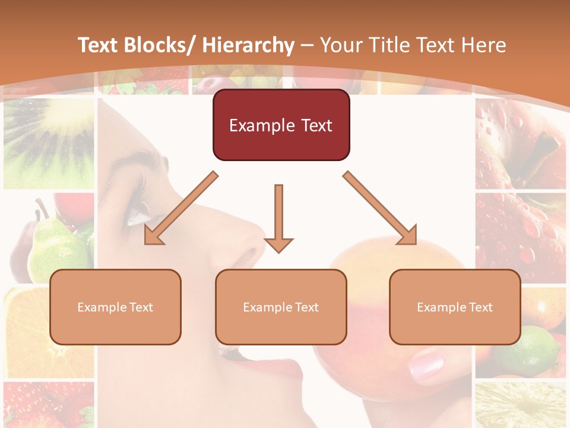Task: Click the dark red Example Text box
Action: pos(281,125)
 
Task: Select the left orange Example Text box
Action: pos(115,307)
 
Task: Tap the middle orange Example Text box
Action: pos(281,307)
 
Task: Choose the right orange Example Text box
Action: pos(455,307)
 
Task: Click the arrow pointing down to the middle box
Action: pos(278,218)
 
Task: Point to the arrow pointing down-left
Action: pos(181,208)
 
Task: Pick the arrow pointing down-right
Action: pos(380,208)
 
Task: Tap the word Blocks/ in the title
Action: pos(156,45)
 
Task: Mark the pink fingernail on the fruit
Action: pos(426,363)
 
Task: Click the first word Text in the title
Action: pos(99,45)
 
